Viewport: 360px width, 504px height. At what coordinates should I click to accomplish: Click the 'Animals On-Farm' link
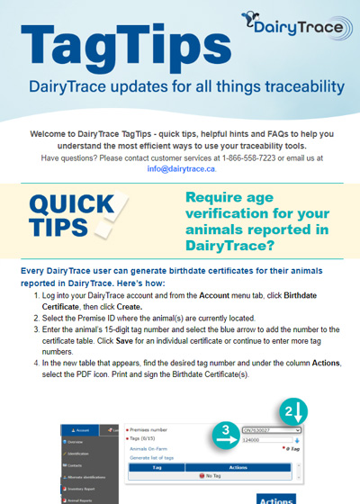[151, 447]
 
